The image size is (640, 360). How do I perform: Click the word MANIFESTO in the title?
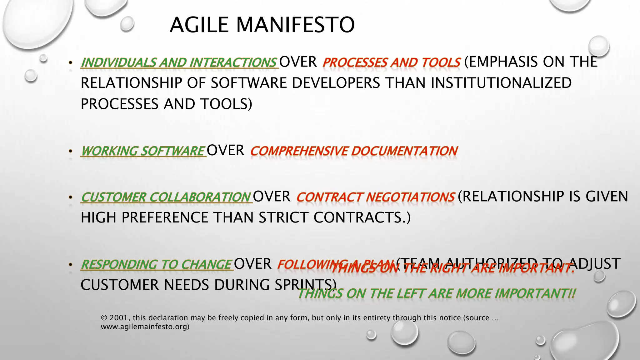point(295,25)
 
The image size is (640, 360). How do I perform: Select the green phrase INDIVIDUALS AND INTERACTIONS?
point(179,62)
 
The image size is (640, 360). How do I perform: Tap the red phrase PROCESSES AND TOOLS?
point(391,62)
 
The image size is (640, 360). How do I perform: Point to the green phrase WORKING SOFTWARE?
point(143,151)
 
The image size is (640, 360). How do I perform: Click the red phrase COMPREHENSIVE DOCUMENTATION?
point(354,151)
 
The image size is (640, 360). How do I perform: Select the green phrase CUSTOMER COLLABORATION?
point(166,197)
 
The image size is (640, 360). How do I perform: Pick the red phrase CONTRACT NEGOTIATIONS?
point(375,197)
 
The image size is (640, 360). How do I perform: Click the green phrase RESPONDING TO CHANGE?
point(156,265)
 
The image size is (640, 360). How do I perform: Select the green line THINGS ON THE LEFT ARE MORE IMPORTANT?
point(436,294)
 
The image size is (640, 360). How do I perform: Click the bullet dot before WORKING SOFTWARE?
point(71,152)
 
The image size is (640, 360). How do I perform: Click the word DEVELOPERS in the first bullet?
point(336,83)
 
